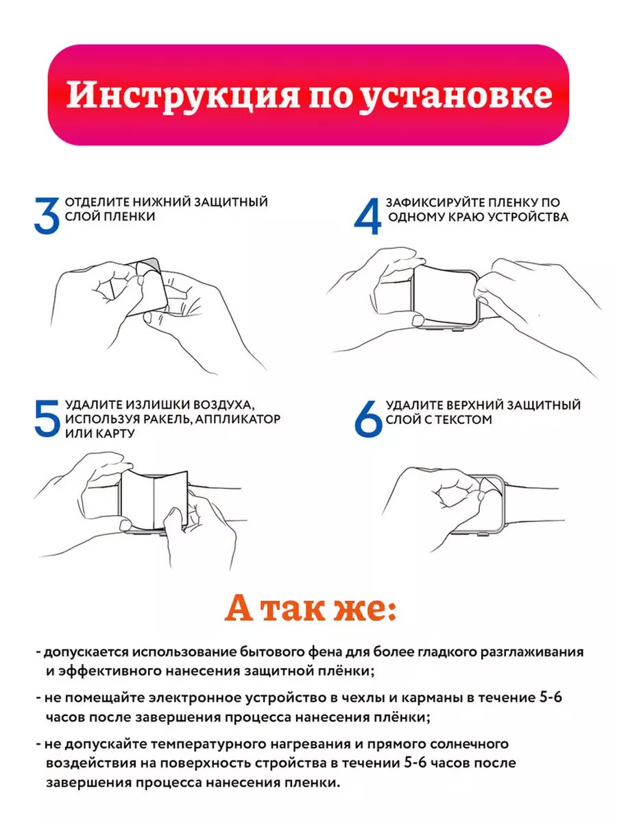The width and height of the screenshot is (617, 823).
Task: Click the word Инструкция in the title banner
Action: click(183, 95)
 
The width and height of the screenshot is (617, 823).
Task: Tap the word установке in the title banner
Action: click(457, 96)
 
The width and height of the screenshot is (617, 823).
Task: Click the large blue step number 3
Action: click(47, 216)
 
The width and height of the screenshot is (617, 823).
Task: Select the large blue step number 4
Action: click(367, 216)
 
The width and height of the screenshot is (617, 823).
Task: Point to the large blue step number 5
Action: click(47, 418)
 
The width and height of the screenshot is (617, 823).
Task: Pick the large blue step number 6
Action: click(368, 418)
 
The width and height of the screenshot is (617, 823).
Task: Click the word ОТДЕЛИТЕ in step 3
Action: click(97, 202)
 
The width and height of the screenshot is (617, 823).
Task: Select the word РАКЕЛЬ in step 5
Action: click(165, 419)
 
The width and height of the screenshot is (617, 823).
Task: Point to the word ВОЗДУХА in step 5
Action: click(220, 405)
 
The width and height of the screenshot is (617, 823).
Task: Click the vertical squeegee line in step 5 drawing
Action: click(155, 499)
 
